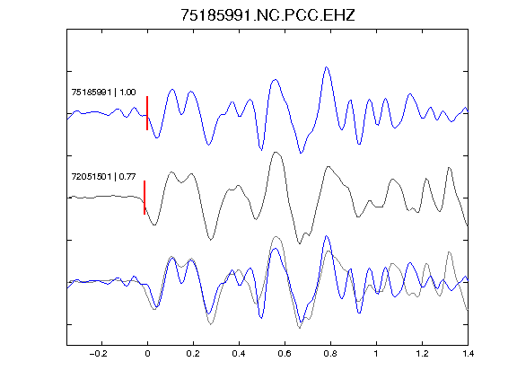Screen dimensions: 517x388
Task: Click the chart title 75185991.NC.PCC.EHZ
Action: tap(267, 15)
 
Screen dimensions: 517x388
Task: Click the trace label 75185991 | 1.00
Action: tap(103, 92)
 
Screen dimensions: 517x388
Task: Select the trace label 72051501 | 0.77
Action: tap(103, 177)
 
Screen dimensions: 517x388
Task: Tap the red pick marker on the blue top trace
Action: tap(147, 113)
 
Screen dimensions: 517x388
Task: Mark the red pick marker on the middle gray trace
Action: tap(145, 198)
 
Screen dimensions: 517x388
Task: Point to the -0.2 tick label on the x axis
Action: tap(99, 354)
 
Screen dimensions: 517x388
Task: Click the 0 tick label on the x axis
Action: tap(147, 354)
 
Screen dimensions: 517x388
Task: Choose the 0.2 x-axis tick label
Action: tap(193, 354)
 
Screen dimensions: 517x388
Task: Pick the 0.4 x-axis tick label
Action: tap(239, 354)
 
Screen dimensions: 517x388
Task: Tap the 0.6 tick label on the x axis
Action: tap(285, 354)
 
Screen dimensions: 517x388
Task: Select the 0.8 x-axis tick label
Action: tap(330, 354)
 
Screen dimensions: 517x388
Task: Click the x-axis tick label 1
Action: tap(376, 354)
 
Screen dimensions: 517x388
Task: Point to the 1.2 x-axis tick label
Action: tap(422, 354)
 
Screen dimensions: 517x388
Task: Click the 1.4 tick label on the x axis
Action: tap(468, 354)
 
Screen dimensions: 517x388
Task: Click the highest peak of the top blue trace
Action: tap(327, 67)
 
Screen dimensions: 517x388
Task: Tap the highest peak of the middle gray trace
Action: tap(276, 152)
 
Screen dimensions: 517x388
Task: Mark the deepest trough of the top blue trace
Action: tap(301, 153)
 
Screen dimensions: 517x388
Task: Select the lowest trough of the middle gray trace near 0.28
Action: tap(211, 239)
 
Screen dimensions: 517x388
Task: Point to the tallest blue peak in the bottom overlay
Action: tap(327, 236)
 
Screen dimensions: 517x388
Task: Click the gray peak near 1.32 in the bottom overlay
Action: tap(449, 252)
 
